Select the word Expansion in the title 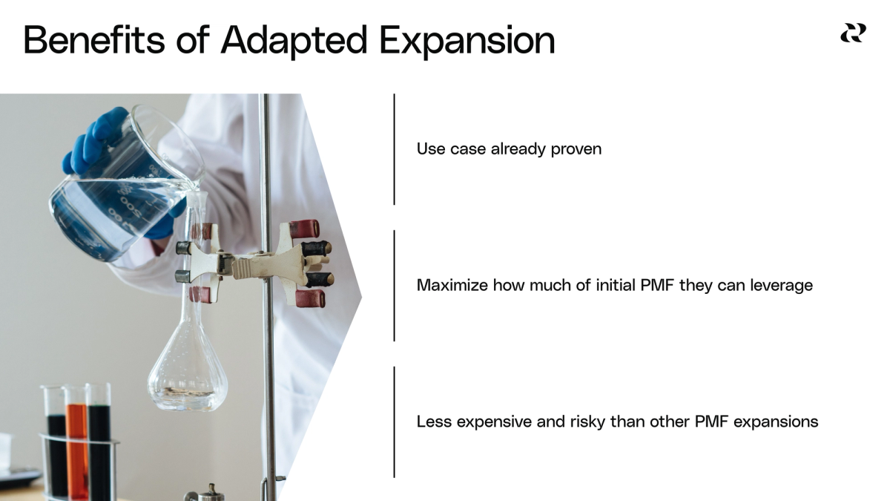pyautogui.click(x=467, y=41)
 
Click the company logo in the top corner pyautogui.click(x=852, y=33)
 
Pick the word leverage pyautogui.click(x=783, y=286)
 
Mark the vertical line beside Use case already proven pyautogui.click(x=394, y=148)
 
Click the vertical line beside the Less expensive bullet pyautogui.click(x=394, y=422)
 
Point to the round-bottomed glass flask pyautogui.click(x=187, y=371)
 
